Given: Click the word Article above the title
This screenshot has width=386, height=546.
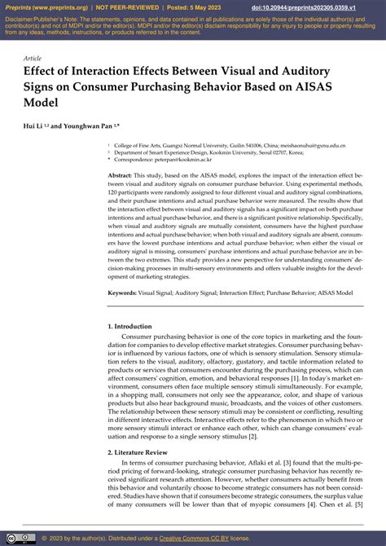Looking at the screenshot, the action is (x=33, y=59).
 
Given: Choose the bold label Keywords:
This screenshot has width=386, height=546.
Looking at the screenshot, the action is (x=122, y=291).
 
